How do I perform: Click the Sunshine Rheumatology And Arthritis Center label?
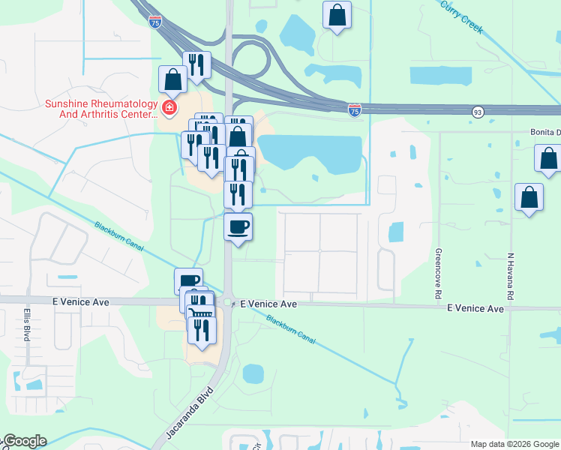pos(102,109)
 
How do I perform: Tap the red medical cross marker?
pos(169,109)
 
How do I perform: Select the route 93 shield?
pos(478,112)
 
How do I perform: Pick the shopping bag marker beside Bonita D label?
pos(548,158)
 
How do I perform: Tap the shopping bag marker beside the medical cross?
pos(172,79)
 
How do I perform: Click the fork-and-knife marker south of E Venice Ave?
pos(202,329)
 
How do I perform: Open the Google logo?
pos(24,441)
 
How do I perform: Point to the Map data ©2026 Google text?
pos(514,444)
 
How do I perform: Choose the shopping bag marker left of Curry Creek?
pos(337,14)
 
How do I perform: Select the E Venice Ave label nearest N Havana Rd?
pos(475,308)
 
